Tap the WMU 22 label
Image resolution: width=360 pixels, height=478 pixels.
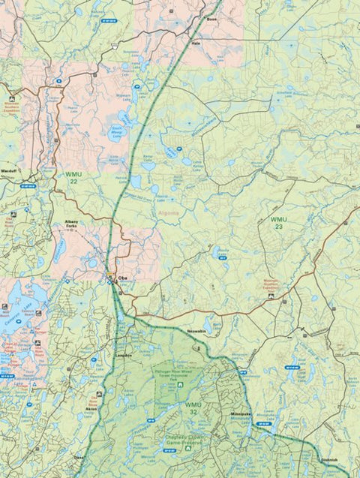point(72,177)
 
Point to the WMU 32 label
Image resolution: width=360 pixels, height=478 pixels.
point(193,408)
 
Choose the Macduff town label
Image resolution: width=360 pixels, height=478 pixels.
point(10,171)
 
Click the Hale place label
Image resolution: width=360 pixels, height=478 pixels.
point(196,44)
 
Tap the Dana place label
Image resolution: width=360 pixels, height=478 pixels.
point(79,456)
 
